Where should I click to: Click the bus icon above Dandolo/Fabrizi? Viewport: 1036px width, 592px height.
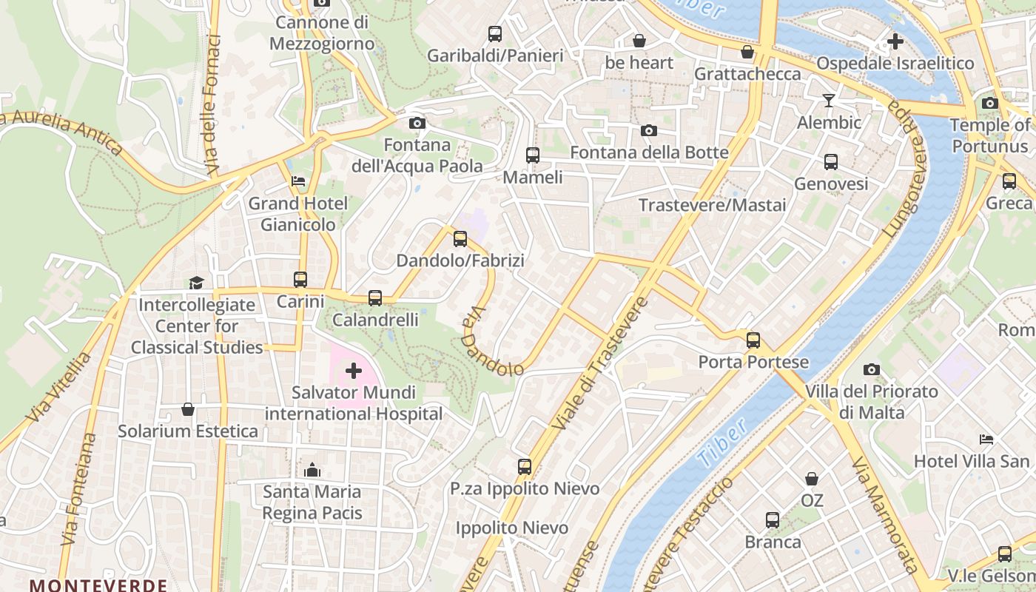click(x=460, y=238)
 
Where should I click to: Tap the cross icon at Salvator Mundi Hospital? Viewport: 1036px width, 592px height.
click(x=354, y=370)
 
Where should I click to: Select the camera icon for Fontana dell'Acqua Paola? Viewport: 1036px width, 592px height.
click(x=417, y=123)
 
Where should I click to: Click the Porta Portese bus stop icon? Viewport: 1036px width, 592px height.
click(x=753, y=340)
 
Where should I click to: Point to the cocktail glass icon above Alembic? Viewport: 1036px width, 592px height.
click(x=828, y=100)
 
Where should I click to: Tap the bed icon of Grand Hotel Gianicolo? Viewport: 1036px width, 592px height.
click(x=298, y=181)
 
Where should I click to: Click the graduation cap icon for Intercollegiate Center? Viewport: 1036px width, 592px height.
click(x=196, y=283)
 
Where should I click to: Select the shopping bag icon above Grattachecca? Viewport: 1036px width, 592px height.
click(x=747, y=52)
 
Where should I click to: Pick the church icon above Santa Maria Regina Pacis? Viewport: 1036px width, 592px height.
click(x=312, y=470)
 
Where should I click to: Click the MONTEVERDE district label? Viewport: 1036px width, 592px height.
click(x=98, y=585)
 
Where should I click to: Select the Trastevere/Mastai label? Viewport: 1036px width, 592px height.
click(x=712, y=205)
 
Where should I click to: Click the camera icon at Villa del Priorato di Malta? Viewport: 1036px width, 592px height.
click(x=872, y=369)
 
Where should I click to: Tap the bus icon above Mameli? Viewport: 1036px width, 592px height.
click(x=532, y=155)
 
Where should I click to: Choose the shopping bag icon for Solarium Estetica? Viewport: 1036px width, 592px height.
click(x=188, y=409)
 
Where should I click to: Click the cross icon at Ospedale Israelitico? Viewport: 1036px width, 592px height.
click(x=895, y=41)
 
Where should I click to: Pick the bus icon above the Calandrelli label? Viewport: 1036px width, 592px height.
click(x=375, y=298)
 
